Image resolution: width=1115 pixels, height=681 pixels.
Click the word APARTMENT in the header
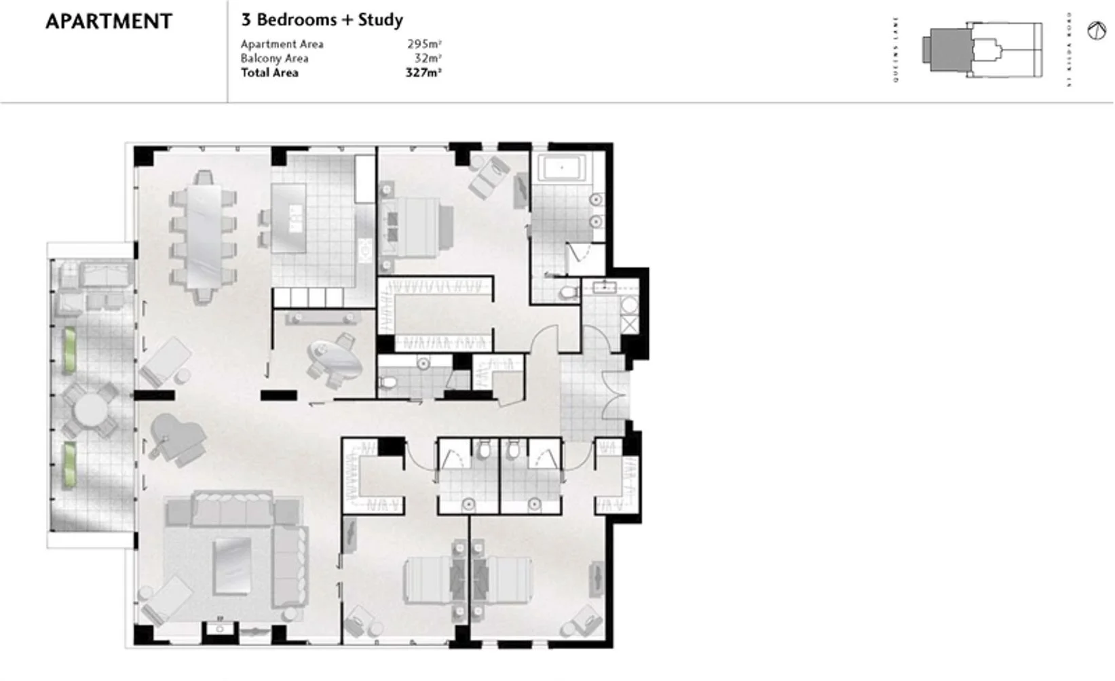tap(109, 21)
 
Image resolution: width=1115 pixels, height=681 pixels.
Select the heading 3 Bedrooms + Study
tap(322, 20)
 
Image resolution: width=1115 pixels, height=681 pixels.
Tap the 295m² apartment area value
tap(424, 44)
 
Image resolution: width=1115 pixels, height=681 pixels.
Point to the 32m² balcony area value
tap(428, 58)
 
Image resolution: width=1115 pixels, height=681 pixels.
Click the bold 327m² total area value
tap(423, 73)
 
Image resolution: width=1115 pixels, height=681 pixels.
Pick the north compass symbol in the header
tap(1096, 31)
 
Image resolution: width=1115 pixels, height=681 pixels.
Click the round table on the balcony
tap(91, 410)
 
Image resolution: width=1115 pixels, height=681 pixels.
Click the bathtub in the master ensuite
tap(561, 168)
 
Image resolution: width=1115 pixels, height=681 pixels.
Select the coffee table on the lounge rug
tap(231, 566)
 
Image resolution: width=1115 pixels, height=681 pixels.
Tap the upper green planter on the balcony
tap(69, 350)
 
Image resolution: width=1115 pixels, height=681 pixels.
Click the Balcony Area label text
tap(274, 58)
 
